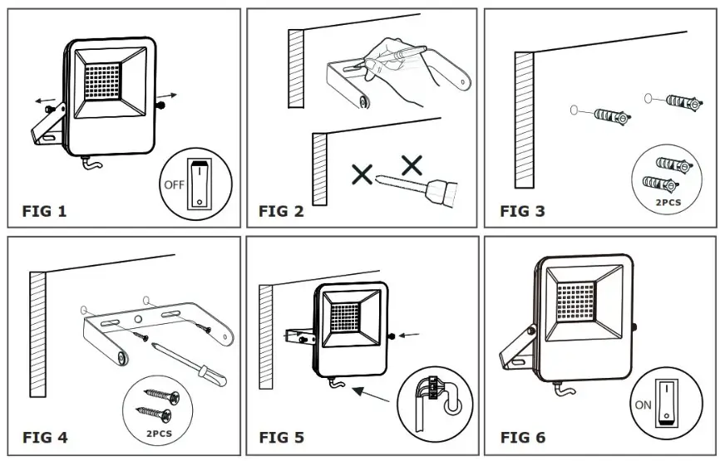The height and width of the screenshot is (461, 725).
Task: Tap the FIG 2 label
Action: [x=282, y=211]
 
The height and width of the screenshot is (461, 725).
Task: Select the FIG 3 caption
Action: [x=522, y=211]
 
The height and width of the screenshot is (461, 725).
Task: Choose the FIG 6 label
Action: [x=522, y=437]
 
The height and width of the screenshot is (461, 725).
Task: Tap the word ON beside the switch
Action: [x=643, y=406]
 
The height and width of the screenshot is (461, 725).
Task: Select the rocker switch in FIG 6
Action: [x=666, y=401]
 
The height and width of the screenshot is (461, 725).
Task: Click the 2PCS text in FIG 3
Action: [x=669, y=201]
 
